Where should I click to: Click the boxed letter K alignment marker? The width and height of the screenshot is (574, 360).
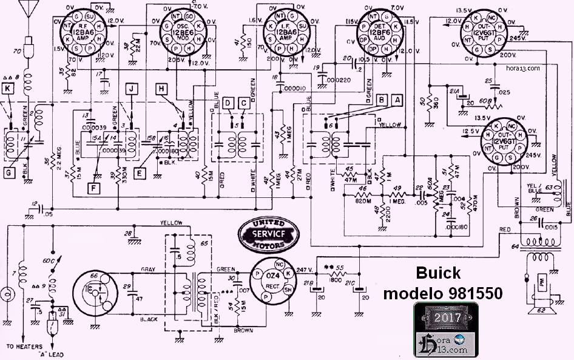pos(8,89)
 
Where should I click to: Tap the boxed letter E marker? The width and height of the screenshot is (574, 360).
pos(140,172)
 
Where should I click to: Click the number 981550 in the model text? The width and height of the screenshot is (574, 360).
pos(473,293)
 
